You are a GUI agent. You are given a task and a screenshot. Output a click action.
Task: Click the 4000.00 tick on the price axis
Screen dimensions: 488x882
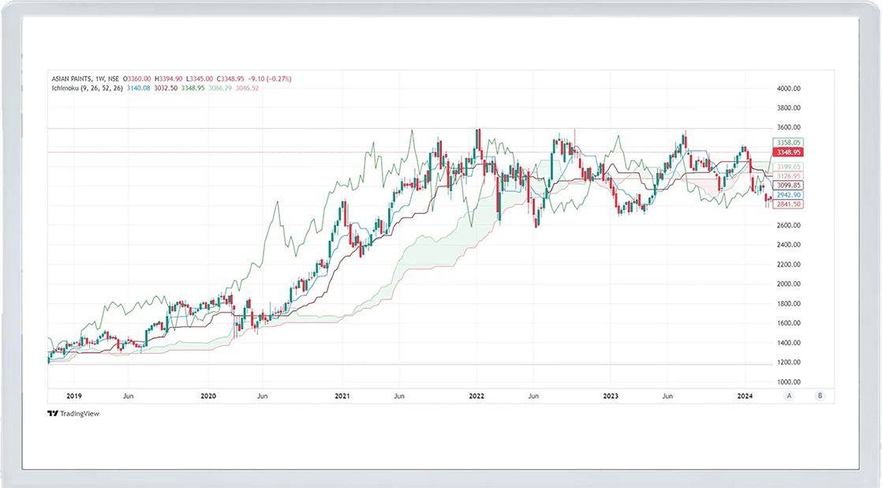(790, 88)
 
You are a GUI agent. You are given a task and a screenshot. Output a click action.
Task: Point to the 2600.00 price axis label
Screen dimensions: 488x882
(790, 225)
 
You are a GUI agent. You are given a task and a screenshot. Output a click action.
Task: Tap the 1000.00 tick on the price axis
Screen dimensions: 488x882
(790, 381)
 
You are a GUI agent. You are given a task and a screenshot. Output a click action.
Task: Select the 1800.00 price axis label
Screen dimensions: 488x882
(790, 303)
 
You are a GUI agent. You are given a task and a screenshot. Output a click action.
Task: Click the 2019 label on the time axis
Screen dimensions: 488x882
(74, 396)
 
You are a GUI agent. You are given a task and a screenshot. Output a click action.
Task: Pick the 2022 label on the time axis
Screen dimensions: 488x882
(476, 396)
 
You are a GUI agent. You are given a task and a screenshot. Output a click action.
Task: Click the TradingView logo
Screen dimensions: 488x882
(73, 414)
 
